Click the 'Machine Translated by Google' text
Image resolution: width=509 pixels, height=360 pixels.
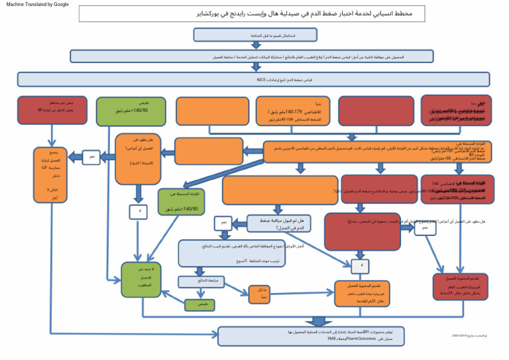(37, 5)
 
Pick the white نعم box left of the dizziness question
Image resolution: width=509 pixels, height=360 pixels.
(92, 158)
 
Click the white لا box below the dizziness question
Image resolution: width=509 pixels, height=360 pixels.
(140, 211)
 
